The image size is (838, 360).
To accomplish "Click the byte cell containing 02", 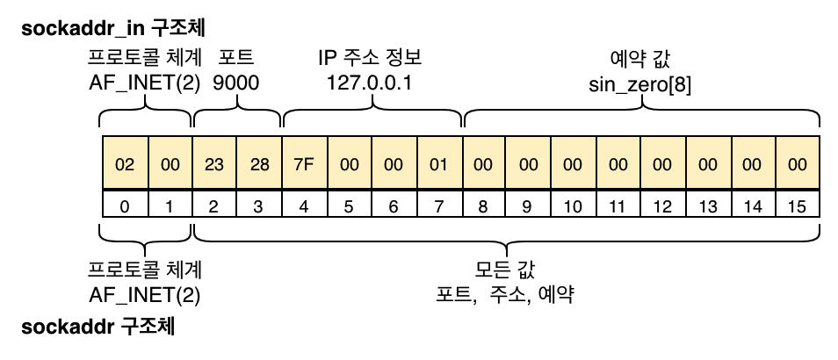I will (x=125, y=164).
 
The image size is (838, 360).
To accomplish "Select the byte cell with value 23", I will (x=214, y=164).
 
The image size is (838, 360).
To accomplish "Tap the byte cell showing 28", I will (x=259, y=164).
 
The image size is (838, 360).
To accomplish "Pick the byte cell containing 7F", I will (x=304, y=164).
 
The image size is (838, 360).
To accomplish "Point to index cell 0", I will (x=125, y=207).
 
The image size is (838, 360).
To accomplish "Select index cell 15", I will (x=797, y=207).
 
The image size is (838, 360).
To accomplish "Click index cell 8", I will (x=483, y=207).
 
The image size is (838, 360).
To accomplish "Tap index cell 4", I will (x=304, y=207).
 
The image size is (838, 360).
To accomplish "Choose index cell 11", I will (x=618, y=207).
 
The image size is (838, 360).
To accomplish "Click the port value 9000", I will (x=236, y=85).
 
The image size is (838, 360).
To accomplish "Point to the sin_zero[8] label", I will (x=639, y=85).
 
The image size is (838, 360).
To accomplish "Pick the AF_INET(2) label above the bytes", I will (x=145, y=85).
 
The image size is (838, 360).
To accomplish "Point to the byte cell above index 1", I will (x=170, y=164).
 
